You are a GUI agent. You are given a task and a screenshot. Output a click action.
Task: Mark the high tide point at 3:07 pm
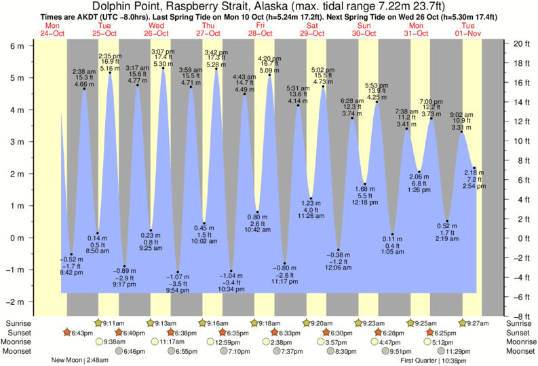[163, 68]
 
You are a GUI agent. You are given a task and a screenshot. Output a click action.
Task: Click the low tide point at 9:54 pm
[178, 272]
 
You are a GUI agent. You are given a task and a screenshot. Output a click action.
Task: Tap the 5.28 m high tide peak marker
[216, 69]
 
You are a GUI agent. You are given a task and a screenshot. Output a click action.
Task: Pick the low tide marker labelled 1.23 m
[311, 198]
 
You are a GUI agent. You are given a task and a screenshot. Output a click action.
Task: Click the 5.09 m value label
[269, 70]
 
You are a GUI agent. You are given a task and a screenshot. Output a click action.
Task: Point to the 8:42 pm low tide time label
[71, 272]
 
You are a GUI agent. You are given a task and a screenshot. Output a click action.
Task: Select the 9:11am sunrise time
[117, 324]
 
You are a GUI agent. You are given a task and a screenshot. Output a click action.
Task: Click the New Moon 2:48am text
[79, 361]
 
